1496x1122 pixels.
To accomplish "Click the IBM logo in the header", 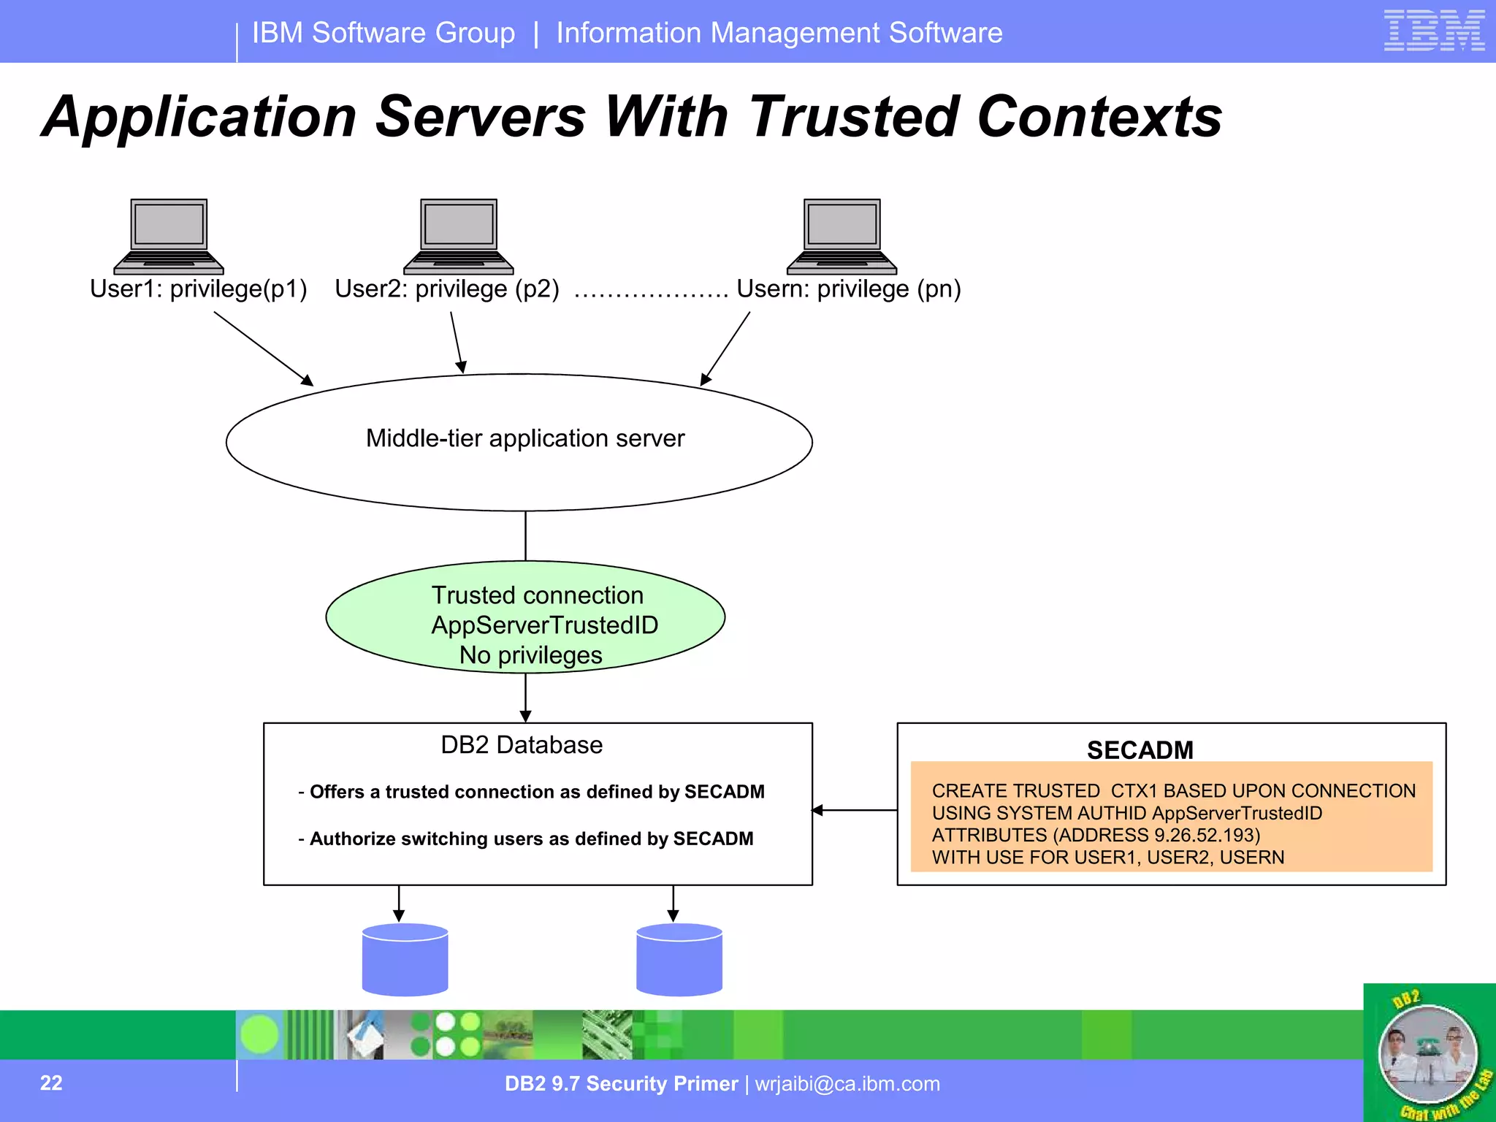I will (1433, 31).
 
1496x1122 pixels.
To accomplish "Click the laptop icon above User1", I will (169, 235).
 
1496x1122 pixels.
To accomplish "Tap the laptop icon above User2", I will (459, 235).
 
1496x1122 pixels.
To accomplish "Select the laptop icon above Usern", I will (841, 235).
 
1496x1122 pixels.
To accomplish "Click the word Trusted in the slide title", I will (853, 117).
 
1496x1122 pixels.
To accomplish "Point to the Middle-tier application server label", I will (524, 438).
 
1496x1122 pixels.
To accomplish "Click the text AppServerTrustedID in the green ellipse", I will (544, 625).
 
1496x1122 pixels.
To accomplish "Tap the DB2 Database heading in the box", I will (522, 745).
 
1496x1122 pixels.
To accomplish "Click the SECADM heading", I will (1140, 750).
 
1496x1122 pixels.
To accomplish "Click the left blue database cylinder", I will (405, 960).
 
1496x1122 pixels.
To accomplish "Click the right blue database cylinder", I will (679, 960).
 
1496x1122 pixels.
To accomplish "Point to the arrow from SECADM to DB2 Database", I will (855, 810).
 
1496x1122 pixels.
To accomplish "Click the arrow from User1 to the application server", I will (263, 348).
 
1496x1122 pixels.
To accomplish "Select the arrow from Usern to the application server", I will (725, 348).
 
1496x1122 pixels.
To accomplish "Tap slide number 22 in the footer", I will (51, 1083).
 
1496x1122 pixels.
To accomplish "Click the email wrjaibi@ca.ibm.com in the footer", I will (847, 1084).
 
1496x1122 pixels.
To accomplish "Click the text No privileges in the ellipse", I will (530, 655).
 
